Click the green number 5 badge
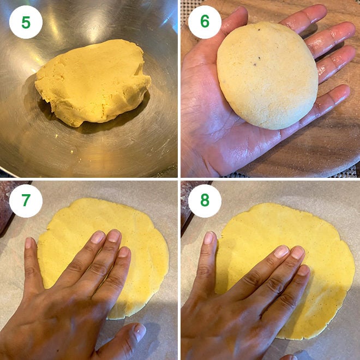(26, 22)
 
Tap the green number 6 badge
(205, 22)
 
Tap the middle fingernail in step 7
(113, 236)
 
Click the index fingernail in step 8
(281, 251)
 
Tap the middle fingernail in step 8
(297, 253)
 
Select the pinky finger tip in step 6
(341, 93)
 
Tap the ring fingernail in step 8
(304, 269)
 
